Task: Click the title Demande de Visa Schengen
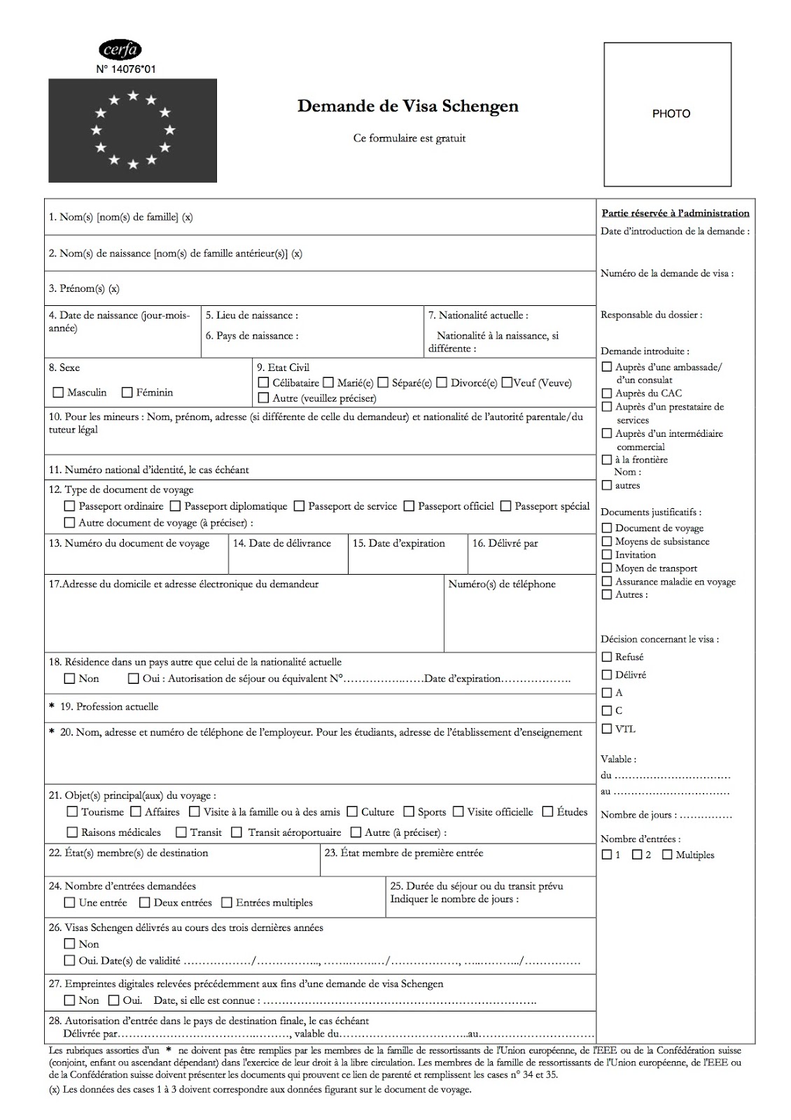[x=408, y=106]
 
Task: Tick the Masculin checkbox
[x=58, y=393]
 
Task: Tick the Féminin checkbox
[x=127, y=393]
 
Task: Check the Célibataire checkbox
[x=263, y=383]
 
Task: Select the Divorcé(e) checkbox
[x=442, y=383]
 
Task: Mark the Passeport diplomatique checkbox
[x=175, y=506]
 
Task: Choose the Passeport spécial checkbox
[x=505, y=506]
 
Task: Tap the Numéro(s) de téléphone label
[x=502, y=584]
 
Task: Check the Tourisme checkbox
[x=72, y=812]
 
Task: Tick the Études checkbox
[x=548, y=812]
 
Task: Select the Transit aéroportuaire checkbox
[x=237, y=832]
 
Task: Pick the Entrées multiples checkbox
[x=227, y=903]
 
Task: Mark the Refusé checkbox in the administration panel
[x=607, y=657]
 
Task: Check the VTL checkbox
[x=607, y=729]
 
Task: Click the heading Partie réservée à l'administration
[x=675, y=213]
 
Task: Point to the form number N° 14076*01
[x=126, y=69]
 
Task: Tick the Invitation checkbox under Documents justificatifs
[x=607, y=554]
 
